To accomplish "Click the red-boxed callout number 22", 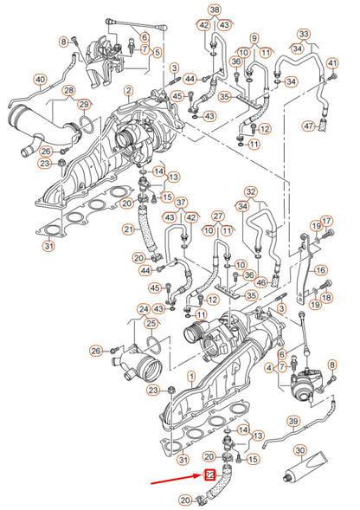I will (x=209, y=474).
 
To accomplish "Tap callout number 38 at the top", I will (x=214, y=10).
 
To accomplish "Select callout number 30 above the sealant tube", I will (x=299, y=450).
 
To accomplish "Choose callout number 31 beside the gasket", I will (x=48, y=247).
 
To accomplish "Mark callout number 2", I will (x=128, y=90).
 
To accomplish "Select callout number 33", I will (x=302, y=34).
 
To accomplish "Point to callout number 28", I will (x=68, y=90).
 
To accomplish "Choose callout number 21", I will (x=128, y=229).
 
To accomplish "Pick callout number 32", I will (x=251, y=191).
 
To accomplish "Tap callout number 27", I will (x=218, y=216).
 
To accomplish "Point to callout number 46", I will (x=260, y=282).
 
